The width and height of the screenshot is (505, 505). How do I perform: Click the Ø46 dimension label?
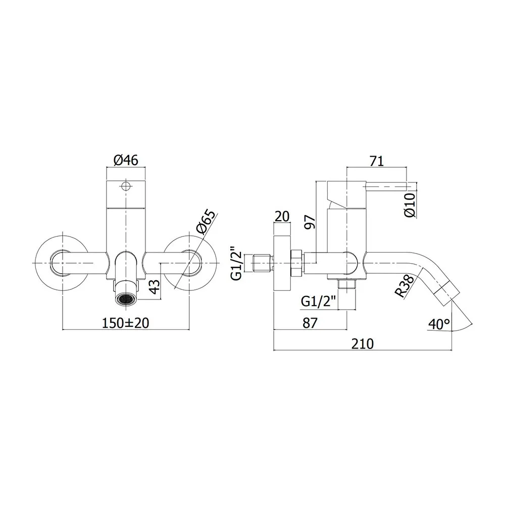126,160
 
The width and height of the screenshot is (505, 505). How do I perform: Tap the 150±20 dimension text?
126,323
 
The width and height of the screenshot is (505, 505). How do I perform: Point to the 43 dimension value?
155,286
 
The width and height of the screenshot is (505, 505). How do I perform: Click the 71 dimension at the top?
377,161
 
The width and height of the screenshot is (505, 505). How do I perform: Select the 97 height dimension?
310,222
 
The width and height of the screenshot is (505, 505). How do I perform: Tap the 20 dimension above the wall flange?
282,216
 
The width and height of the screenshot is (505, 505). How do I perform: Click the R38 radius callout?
405,286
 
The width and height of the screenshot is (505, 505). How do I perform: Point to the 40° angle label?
440,324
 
